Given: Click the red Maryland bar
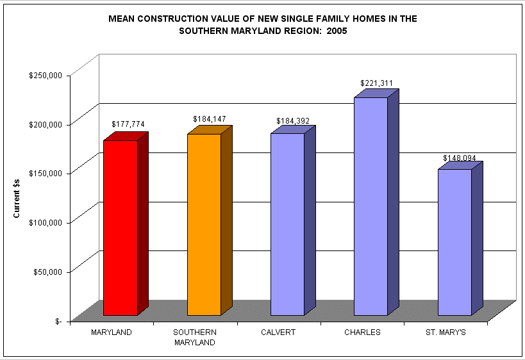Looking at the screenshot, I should click(x=121, y=227).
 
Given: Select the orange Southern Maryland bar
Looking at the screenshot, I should click(x=204, y=224).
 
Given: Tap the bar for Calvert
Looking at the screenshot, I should click(x=287, y=224).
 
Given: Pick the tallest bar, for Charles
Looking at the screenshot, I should click(x=371, y=206).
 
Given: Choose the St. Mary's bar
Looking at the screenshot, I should click(x=454, y=242).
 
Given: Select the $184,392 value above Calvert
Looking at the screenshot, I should click(x=292, y=120).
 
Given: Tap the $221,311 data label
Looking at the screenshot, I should click(x=376, y=83).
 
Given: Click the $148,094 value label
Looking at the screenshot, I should click(x=459, y=158).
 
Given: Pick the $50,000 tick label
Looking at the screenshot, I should click(x=47, y=272).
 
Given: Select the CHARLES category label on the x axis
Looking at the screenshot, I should click(x=362, y=332).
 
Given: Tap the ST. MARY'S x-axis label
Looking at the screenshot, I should click(x=446, y=332).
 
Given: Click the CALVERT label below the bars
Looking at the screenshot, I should click(x=279, y=332).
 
